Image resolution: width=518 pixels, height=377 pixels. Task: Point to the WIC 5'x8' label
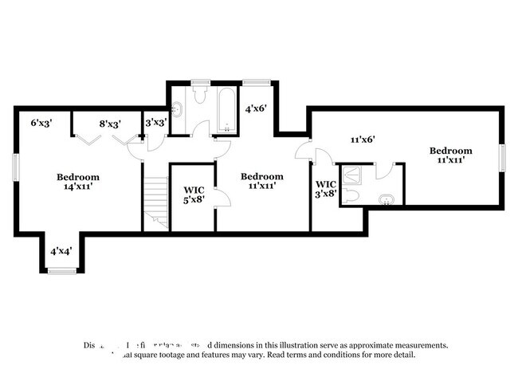(x=194, y=195)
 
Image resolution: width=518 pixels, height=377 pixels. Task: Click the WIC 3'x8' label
(x=325, y=188)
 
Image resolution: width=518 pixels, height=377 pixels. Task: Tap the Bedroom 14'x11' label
(x=77, y=182)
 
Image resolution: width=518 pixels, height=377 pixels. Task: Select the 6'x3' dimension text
(x=41, y=124)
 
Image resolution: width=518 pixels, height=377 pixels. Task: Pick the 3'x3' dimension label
(x=156, y=123)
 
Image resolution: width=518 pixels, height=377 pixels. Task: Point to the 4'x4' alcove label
(x=61, y=251)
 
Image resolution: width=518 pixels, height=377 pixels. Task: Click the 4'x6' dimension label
(x=256, y=108)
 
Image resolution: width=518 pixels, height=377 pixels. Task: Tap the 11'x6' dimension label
(x=363, y=139)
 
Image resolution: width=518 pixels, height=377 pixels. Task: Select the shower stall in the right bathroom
(x=353, y=175)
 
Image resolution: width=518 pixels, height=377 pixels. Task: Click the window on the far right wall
(x=502, y=157)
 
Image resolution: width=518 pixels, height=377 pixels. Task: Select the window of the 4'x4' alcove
(x=61, y=272)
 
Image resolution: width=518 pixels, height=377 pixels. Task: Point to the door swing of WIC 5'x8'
(x=222, y=199)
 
